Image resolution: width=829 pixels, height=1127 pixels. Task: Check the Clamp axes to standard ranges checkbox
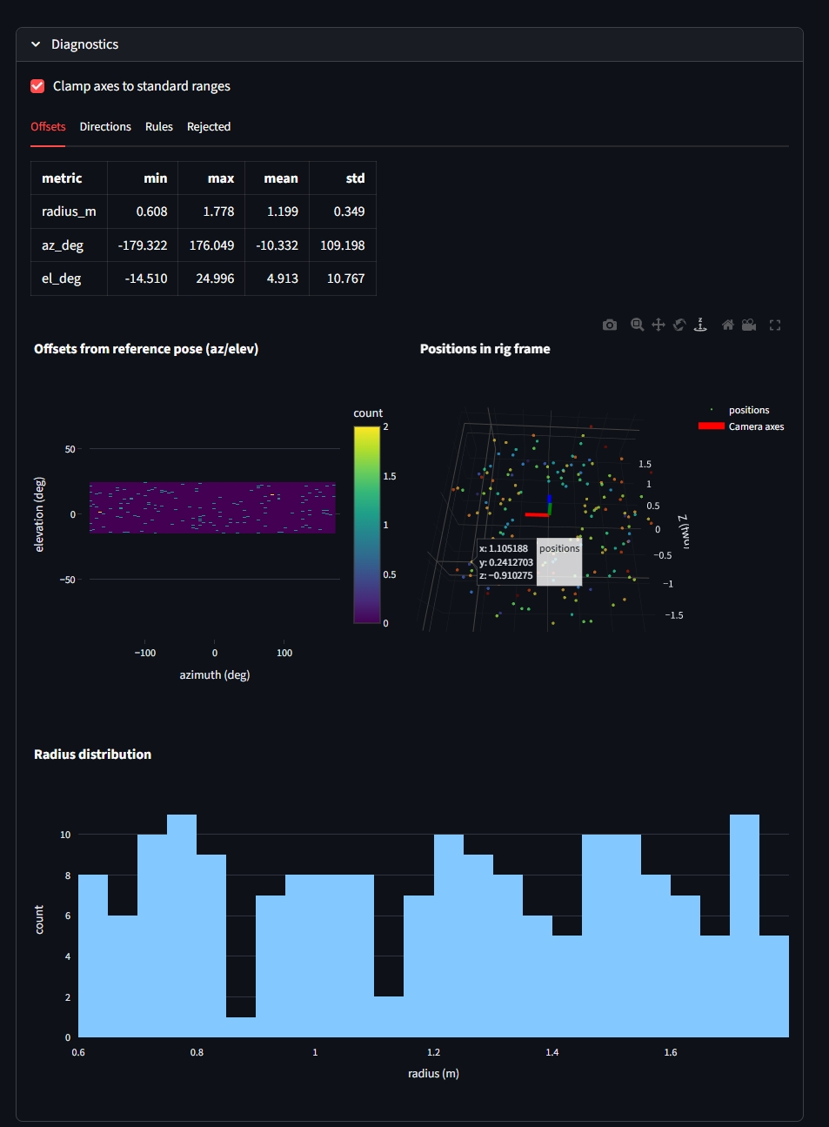click(37, 86)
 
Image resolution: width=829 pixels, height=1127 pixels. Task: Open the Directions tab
click(105, 127)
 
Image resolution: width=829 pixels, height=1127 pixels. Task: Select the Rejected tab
click(209, 127)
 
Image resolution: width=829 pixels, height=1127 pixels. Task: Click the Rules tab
click(159, 127)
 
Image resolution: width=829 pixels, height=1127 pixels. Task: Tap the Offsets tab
click(48, 127)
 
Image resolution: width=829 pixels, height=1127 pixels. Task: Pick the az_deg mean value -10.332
click(277, 245)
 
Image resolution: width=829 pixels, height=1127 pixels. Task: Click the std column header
click(355, 178)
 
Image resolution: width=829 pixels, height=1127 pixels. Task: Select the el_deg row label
click(62, 278)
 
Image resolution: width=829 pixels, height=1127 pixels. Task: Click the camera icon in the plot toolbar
click(610, 325)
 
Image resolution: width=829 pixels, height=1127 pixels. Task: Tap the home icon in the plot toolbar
click(728, 325)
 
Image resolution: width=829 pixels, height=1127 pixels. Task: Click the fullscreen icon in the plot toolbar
click(775, 325)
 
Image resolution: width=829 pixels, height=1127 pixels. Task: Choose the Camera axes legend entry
click(756, 426)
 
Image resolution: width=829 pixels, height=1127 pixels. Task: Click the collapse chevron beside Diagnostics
click(36, 44)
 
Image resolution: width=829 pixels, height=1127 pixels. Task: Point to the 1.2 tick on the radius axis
click(433, 1052)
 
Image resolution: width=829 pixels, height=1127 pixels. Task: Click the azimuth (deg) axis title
click(214, 675)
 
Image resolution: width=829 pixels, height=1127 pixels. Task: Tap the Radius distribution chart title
click(92, 755)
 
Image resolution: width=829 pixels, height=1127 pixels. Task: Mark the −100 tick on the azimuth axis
click(144, 653)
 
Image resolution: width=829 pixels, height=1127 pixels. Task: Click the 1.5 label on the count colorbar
click(390, 476)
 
